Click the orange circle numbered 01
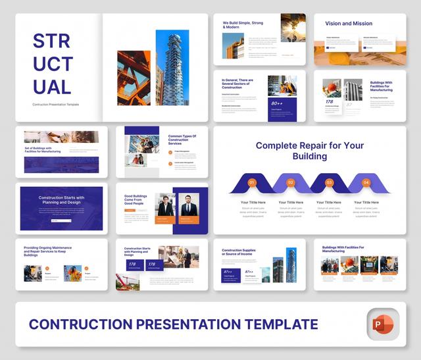251,182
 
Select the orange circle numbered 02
291,182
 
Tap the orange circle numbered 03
329,182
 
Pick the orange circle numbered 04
366,182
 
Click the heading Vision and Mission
349,23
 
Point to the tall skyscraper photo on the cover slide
172,67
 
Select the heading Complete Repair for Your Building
310,151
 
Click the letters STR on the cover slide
51,41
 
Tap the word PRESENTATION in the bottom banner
180,324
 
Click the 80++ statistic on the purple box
277,103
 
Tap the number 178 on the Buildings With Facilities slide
330,101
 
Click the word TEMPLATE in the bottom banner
276,324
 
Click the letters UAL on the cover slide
51,86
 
